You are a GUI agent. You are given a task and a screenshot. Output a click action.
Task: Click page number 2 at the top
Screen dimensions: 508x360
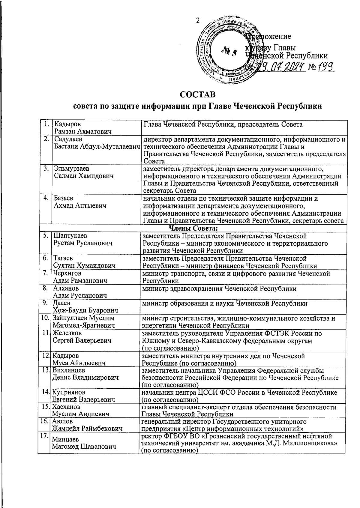click(197, 20)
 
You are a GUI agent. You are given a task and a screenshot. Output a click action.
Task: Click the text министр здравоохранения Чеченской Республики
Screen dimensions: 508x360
click(219, 288)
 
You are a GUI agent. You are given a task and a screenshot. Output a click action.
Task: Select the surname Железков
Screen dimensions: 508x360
click(67, 333)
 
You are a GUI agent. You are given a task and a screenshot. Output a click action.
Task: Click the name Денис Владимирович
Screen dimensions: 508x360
click(85, 378)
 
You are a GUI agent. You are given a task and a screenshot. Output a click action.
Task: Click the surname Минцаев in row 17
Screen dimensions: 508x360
click(66, 440)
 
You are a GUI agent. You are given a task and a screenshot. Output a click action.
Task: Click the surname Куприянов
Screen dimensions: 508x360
click(69, 392)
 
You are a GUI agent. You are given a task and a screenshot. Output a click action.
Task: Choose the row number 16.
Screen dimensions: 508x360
click(45, 421)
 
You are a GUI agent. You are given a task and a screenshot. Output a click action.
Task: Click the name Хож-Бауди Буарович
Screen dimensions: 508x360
click(85, 310)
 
